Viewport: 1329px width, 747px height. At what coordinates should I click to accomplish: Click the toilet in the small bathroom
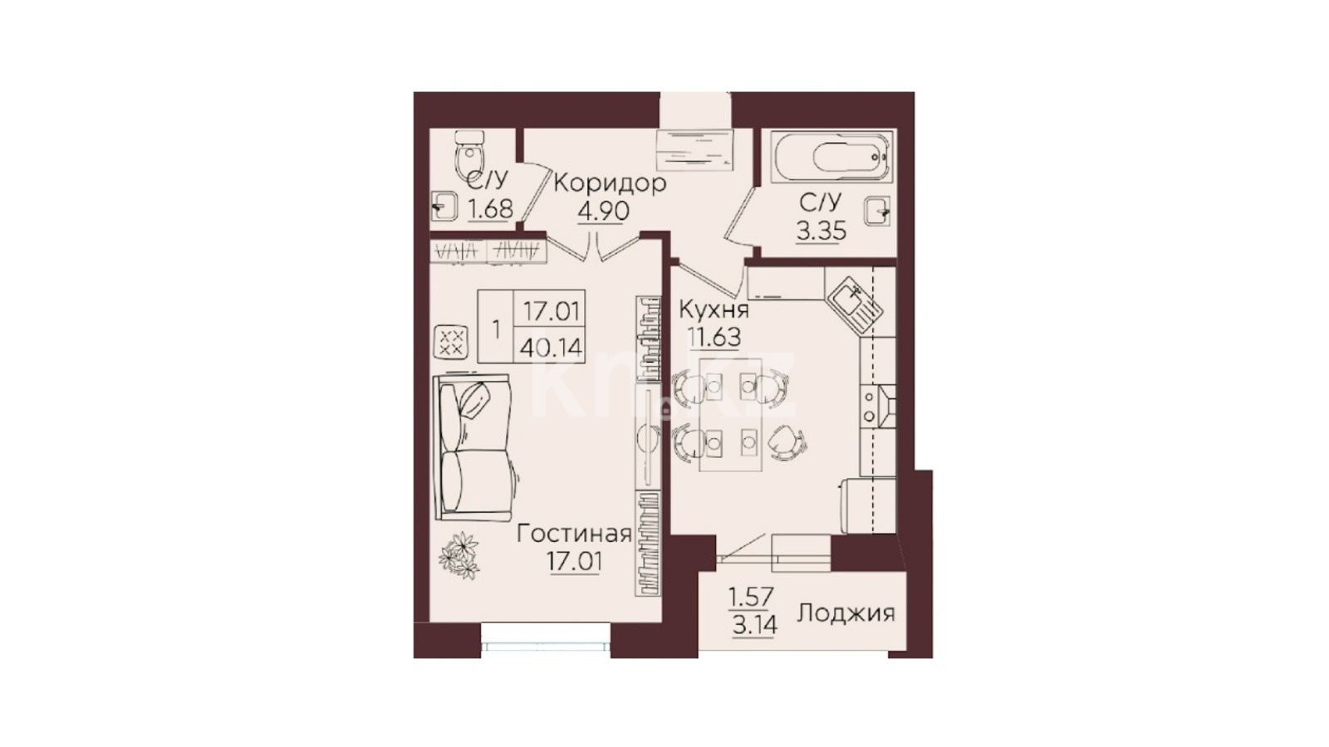[470, 153]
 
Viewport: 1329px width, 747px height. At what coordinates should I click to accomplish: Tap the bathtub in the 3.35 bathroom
[831, 157]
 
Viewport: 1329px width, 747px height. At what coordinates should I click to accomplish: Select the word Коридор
[610, 184]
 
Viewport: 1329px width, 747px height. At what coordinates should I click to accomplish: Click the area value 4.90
[603, 211]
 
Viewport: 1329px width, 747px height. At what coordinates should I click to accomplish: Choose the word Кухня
[714, 310]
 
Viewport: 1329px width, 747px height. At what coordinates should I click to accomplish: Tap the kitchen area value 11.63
[714, 337]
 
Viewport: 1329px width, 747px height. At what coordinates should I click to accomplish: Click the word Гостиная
[574, 535]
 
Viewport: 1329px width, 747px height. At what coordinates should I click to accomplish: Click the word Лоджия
[846, 613]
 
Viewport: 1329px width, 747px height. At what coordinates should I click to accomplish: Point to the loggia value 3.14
[755, 625]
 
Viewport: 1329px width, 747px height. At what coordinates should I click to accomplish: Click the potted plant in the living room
[459, 555]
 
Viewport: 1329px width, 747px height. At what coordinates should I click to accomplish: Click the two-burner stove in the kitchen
[878, 406]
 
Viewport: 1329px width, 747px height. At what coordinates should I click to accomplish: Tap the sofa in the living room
[472, 447]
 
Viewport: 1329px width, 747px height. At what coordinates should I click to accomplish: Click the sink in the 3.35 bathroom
[877, 211]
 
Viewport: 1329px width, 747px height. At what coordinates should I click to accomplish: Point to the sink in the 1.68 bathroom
[444, 206]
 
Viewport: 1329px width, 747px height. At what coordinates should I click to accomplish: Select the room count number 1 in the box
[496, 329]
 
